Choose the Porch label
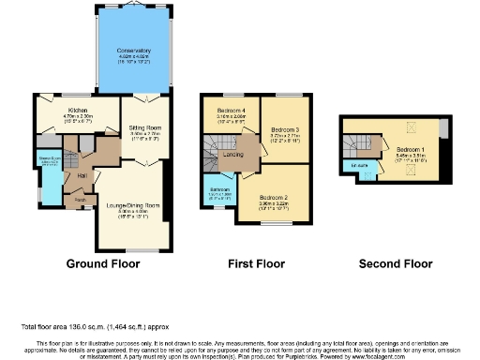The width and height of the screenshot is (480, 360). pos(80,200)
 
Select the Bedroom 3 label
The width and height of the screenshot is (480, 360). pos(284,130)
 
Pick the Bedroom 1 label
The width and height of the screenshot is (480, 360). pos(411,149)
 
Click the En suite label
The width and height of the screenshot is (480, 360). pos(361,166)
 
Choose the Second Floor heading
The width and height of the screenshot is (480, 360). pos(397,264)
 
